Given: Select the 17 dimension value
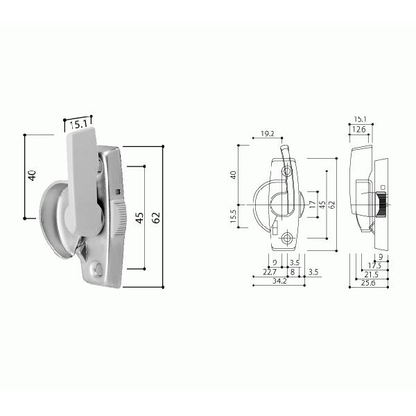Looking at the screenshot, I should point(313,205).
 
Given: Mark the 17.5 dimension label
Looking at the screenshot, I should point(375,265).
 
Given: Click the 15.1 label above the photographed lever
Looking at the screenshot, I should point(78,125).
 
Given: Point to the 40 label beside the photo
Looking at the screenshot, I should point(32,176).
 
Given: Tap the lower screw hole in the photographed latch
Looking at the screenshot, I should point(98,269).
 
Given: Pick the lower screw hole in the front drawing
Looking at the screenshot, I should point(287,240).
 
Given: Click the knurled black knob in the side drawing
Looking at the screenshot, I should point(380,205).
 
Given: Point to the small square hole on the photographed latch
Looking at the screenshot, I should point(119,192).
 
